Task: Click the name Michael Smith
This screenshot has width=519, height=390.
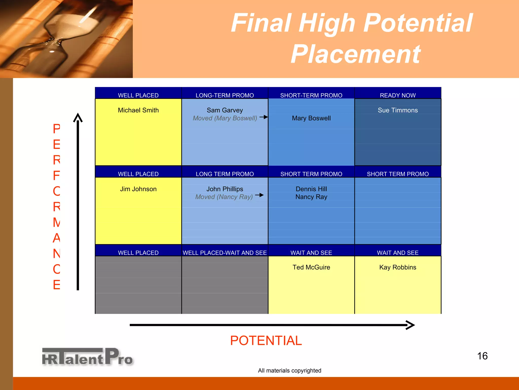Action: coord(138,110)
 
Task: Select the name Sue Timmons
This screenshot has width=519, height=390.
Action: coord(398,110)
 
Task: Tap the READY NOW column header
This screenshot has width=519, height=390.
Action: coord(398,95)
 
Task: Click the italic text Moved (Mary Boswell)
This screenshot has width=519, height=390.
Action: coord(225,118)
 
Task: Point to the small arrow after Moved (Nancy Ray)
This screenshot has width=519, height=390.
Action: coord(259,195)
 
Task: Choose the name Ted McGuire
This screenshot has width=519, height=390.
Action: coord(311,267)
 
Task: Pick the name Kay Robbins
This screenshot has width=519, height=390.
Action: coord(398,267)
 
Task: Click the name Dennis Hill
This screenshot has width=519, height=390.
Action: coord(311,189)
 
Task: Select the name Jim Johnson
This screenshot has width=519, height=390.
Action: coord(138,189)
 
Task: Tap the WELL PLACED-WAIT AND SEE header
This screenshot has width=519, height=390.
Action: coord(225,253)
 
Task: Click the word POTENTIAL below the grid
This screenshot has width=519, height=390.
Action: coord(266,340)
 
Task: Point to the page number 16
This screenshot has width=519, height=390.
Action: coord(482,356)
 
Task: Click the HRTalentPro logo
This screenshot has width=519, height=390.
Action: coord(87,357)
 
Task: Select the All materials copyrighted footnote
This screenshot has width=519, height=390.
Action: coord(289,370)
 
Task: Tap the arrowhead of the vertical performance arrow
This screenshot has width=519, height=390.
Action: coord(78,117)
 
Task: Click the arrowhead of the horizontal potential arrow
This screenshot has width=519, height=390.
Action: coord(411,325)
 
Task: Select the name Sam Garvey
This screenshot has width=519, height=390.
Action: coord(225,110)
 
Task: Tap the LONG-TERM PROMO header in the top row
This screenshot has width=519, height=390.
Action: coord(225,95)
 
